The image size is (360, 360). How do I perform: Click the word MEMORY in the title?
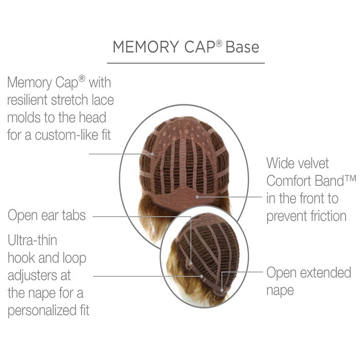point(146,47)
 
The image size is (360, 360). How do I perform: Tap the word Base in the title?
point(242,47)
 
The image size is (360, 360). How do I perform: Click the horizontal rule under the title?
point(186,63)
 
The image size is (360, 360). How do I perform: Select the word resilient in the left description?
point(27,100)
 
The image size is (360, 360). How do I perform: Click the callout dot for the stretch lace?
point(152,154)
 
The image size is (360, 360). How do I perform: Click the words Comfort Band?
point(305,181)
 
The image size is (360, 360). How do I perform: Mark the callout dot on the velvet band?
point(197,197)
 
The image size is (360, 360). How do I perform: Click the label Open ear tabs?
point(47,215)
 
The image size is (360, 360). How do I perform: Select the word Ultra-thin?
point(32,240)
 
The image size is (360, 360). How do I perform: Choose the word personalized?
point(41,311)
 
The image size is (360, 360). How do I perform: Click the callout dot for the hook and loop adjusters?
point(202,276)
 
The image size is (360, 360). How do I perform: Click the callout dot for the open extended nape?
point(222,291)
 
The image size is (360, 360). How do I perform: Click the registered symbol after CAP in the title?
point(219,43)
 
